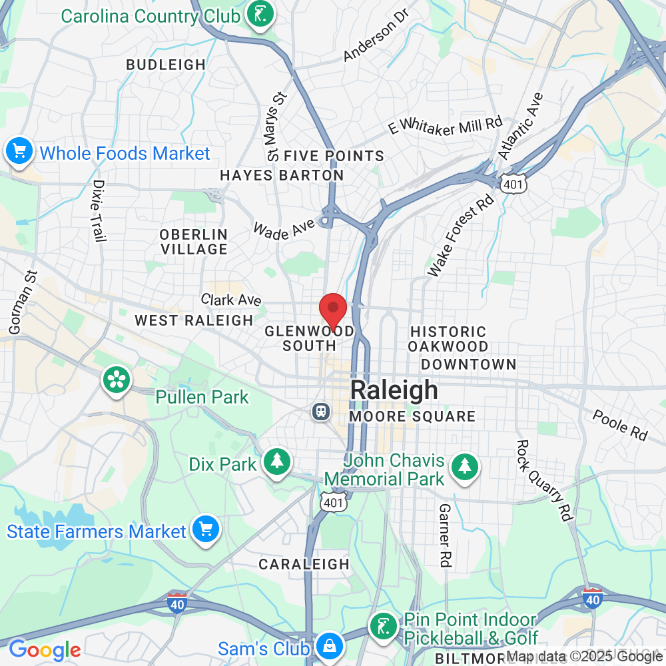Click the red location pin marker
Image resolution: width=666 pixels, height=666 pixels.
coord(332,310)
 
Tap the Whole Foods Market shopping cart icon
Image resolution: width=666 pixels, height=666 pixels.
coord(19,153)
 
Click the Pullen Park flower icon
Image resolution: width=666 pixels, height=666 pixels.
coord(117,380)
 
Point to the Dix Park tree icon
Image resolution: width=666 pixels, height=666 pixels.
coord(276,462)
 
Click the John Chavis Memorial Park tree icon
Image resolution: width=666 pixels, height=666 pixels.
coord(464,466)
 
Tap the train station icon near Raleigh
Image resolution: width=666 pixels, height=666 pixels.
coord(321,411)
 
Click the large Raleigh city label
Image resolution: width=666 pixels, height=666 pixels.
coord(394,390)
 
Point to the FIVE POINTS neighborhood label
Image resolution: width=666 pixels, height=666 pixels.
coord(334,156)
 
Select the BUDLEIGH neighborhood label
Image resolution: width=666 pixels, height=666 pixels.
coord(166,65)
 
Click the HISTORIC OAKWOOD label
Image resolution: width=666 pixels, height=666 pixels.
coord(448,339)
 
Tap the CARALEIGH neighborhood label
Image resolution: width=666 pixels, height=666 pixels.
coord(304,564)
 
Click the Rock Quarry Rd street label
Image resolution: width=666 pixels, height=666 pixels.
coord(545,480)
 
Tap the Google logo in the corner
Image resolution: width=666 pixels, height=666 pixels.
coord(45,649)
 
